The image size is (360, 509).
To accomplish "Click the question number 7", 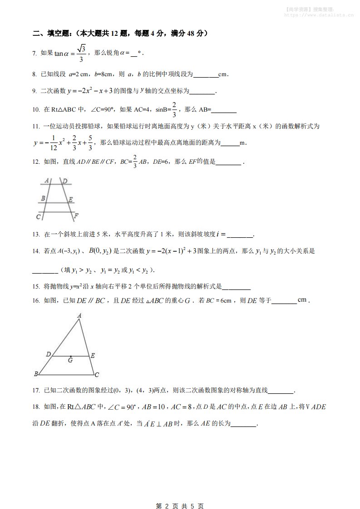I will [35, 54].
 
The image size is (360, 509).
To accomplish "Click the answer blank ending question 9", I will [202, 92].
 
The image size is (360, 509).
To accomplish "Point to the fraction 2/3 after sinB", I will [174, 109].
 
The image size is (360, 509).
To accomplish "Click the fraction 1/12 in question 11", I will [53, 143].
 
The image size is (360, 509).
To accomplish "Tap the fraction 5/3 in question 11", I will [90, 143].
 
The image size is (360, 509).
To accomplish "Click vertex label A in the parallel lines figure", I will [47, 181].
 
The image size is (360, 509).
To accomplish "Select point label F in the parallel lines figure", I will [76, 215].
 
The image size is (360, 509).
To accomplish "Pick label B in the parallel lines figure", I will [43, 198].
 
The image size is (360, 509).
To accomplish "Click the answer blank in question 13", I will [239, 235].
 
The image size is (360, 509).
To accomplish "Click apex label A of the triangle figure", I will [79, 315].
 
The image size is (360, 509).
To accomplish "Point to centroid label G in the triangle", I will [70, 360].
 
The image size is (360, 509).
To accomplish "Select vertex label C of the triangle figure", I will [97, 375].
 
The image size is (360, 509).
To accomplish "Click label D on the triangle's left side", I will [48, 354].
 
